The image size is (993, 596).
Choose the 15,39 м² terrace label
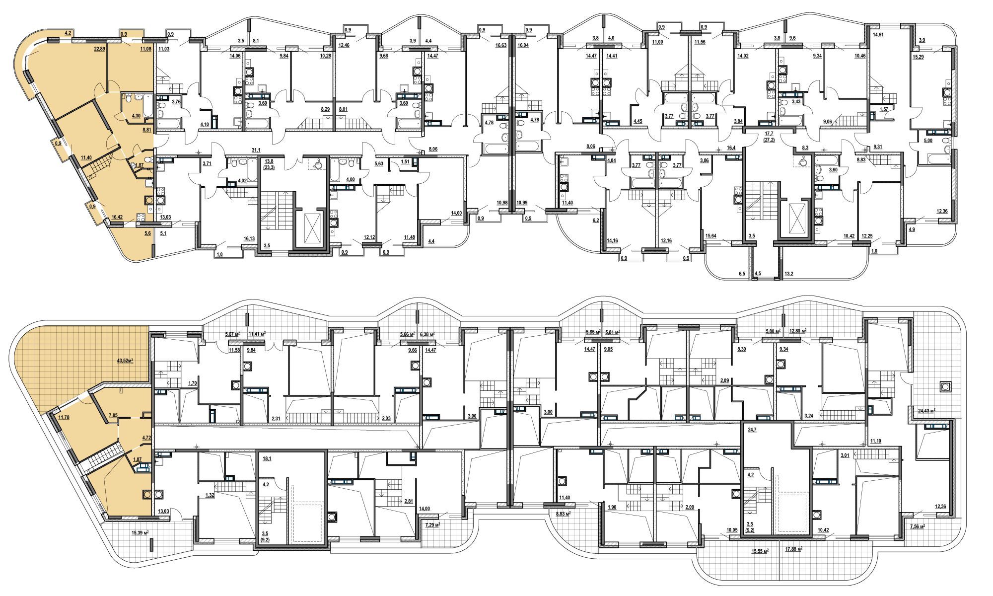pyautogui.click(x=140, y=532)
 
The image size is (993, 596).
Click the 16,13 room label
pyautogui.click(x=249, y=238)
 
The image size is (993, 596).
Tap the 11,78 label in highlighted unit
pyautogui.click(x=64, y=417)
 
